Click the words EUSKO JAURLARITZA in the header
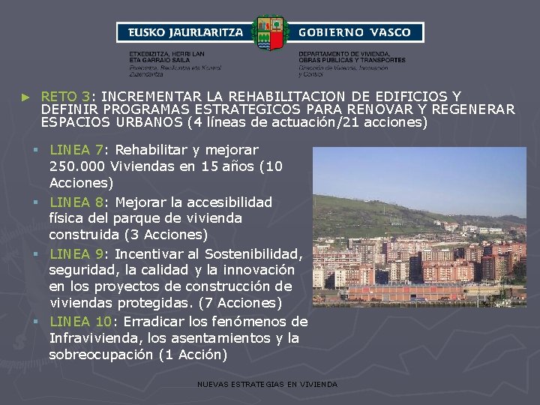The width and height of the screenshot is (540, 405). pos(186,32)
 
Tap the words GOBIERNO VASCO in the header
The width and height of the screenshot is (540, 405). pos(355,32)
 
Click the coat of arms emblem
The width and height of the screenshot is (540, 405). pos(269,33)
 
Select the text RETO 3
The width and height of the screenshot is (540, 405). pos(66,97)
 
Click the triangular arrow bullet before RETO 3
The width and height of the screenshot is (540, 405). pos(26,97)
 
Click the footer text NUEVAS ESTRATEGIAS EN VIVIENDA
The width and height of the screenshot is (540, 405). pos(267,384)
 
